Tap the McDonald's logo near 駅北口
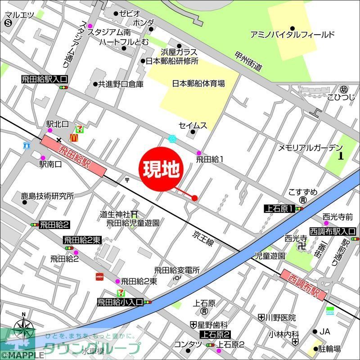pyautogui.click(x=75, y=136)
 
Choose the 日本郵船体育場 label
pyautogui.click(x=198, y=83)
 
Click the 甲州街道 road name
pyautogui.click(x=248, y=61)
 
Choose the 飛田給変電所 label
pyautogui.click(x=177, y=270)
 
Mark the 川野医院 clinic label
pyautogui.click(x=281, y=318)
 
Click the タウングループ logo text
pyautogui.click(x=92, y=348)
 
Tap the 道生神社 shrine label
pyautogui.click(x=115, y=214)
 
